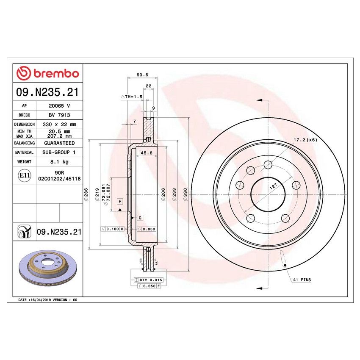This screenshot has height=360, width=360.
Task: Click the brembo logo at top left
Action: [x=47, y=74]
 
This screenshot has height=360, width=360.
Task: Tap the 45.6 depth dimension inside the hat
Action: [x=146, y=153]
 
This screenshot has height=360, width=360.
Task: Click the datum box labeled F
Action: [x=120, y=201]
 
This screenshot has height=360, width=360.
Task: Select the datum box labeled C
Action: [x=139, y=218]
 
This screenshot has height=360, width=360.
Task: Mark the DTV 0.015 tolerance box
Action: [x=148, y=280]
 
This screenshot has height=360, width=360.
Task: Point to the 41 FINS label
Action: [x=301, y=280]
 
